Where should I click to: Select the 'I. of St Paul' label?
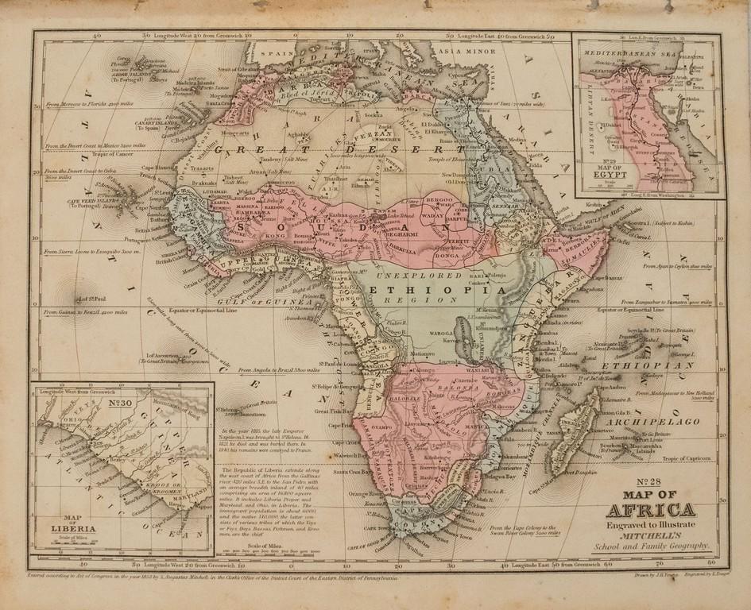pyautogui.click(x=90, y=299)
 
